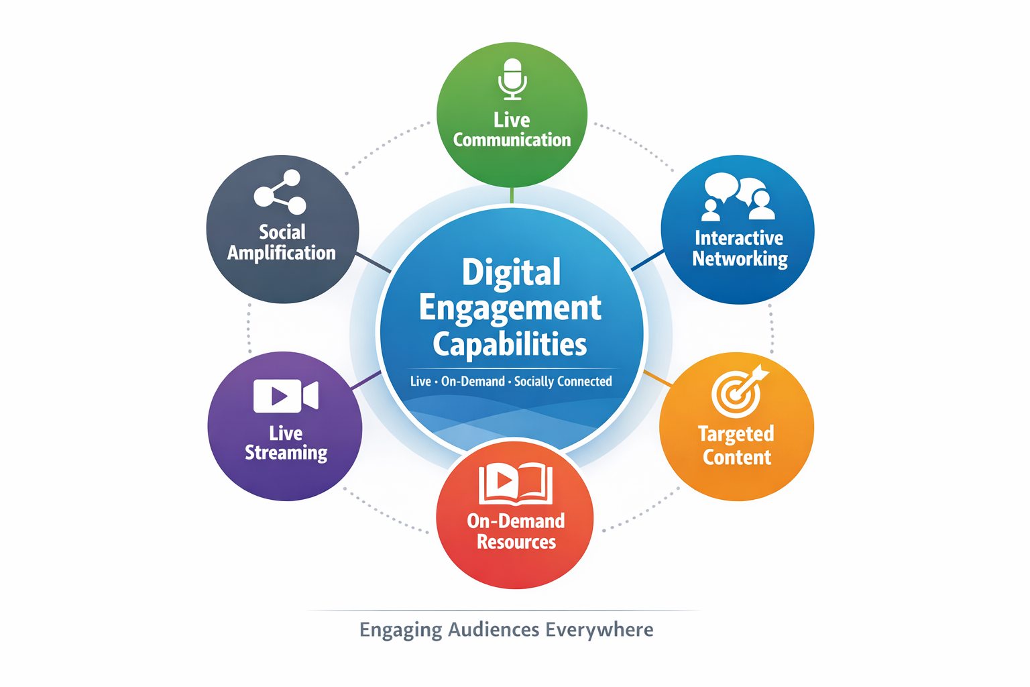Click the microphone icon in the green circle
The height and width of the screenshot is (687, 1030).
pos(512,79)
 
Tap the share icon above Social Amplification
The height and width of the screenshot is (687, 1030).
pos(280,192)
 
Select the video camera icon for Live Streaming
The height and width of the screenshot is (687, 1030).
pos(286,396)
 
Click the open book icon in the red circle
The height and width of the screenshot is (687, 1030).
pos(515,484)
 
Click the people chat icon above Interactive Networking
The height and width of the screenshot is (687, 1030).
pos(738,197)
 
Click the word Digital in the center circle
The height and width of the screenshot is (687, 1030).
pos(511,272)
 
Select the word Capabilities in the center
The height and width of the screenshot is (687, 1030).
pos(510,344)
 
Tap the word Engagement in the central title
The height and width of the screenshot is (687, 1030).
pos(510,309)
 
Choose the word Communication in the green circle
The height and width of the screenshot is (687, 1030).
pos(512,140)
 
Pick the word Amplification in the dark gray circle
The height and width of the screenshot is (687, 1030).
pos(282,253)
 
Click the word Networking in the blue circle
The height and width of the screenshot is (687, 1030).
pos(740,259)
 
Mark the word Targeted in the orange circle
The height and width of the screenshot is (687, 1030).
pos(736,433)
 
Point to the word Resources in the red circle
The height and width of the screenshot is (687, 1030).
pos(516,541)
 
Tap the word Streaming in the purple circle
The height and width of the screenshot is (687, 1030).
pos(286,453)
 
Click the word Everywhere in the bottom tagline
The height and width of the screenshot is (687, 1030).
pos(599,630)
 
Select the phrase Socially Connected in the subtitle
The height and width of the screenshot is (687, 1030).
pos(563,381)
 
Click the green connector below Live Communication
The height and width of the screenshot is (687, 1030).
pos(512,195)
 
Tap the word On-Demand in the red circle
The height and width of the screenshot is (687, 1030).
pos(516,521)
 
